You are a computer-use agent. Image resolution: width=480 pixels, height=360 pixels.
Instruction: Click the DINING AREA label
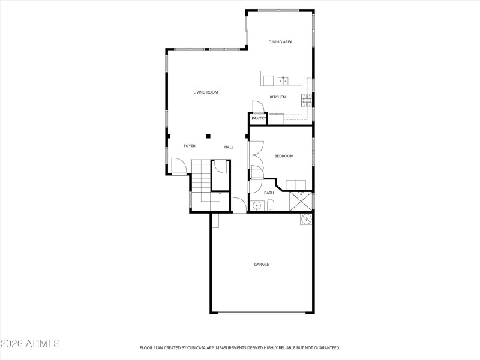pos(280,42)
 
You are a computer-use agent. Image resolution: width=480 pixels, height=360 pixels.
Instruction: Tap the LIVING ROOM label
pos(205,92)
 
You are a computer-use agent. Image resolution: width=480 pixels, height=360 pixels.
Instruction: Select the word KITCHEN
pos(277,97)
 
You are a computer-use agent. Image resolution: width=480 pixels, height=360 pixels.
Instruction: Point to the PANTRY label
pos(259,119)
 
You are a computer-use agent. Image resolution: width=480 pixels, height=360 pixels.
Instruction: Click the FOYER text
pos(190,146)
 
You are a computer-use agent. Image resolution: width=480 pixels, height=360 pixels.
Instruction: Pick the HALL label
pos(229,147)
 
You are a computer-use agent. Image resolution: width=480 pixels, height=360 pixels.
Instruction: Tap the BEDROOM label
pos(284,156)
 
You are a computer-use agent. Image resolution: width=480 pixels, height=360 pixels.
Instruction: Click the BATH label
pos(269,193)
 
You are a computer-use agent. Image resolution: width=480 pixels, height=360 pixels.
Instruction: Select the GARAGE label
pos(261,265)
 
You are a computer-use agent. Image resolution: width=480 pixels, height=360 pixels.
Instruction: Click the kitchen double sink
pos(283,80)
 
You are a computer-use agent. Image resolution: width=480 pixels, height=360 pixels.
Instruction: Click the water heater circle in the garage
pos(306,220)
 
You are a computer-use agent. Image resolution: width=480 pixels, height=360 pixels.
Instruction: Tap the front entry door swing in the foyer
pos(178,166)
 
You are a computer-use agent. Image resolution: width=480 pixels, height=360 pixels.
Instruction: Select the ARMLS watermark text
pos(30,344)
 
